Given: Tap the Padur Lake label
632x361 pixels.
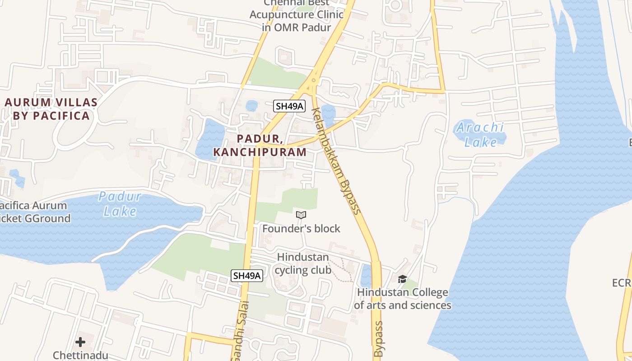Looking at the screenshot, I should [x=120, y=204].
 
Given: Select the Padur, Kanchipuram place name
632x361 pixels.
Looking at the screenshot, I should [x=260, y=145].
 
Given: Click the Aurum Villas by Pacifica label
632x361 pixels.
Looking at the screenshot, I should [x=51, y=109].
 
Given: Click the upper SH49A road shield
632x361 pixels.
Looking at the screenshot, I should [x=289, y=106].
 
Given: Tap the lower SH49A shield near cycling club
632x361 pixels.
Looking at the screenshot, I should [x=247, y=276].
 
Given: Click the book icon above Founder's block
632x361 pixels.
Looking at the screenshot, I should [x=301, y=215].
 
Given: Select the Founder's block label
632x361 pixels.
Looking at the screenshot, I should [x=301, y=229].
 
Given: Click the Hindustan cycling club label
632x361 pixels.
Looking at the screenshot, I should [x=303, y=264].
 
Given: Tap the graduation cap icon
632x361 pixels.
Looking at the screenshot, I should [x=402, y=279].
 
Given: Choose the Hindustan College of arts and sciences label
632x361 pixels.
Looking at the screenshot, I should [x=402, y=299].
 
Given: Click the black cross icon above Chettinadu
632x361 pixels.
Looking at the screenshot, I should [x=80, y=342].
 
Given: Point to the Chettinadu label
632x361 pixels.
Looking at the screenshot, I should [x=80, y=355].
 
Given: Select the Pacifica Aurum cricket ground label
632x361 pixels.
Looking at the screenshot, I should [x=34, y=212].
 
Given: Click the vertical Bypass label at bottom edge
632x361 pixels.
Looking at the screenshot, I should [x=378, y=339].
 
